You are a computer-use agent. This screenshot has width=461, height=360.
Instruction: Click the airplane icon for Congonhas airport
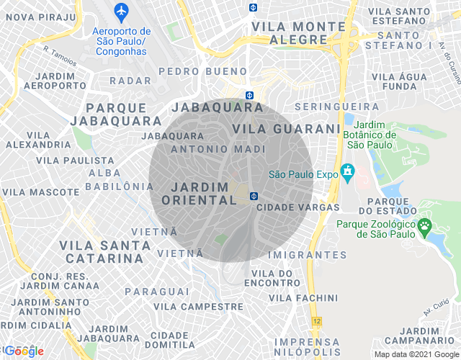tap(121, 12)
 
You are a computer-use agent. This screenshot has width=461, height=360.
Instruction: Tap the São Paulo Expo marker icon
tap(349, 173)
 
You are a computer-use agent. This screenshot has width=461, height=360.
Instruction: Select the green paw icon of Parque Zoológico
tap(425, 227)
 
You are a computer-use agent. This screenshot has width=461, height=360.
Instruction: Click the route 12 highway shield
tap(316, 320)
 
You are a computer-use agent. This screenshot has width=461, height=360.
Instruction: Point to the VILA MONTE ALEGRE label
tap(298, 32)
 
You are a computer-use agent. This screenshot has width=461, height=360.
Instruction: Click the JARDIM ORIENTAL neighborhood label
tap(205, 194)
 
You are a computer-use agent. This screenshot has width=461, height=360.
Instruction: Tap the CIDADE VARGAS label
tap(297, 207)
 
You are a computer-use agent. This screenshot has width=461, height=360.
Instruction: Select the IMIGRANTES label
tap(306, 255)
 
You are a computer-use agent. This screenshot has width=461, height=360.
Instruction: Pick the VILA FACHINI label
tap(303, 297)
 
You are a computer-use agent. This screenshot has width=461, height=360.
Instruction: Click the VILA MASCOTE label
tap(41, 192)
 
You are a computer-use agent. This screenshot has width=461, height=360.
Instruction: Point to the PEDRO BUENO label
tap(202, 71)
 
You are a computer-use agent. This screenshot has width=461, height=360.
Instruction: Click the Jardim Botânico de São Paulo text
tap(372, 135)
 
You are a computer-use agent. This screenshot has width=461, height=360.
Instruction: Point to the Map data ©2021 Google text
tap(416, 354)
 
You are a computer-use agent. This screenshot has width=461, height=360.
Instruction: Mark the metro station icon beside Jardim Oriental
tap(254, 196)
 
